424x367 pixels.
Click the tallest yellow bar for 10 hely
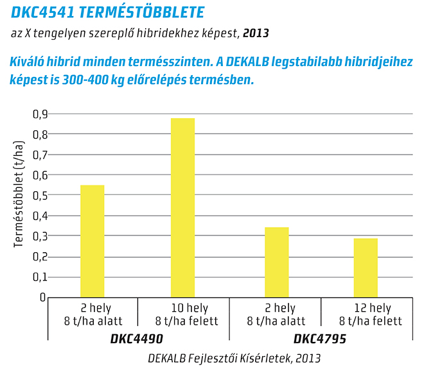(182, 207)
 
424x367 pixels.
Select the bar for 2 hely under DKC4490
(92, 241)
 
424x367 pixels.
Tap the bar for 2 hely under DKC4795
(276, 262)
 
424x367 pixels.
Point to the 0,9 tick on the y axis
(39, 114)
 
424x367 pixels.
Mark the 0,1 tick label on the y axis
(39, 277)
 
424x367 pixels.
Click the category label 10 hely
(186, 309)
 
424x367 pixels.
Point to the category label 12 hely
(371, 309)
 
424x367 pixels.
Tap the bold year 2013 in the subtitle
(256, 32)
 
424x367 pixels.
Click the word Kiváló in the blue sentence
(31, 62)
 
